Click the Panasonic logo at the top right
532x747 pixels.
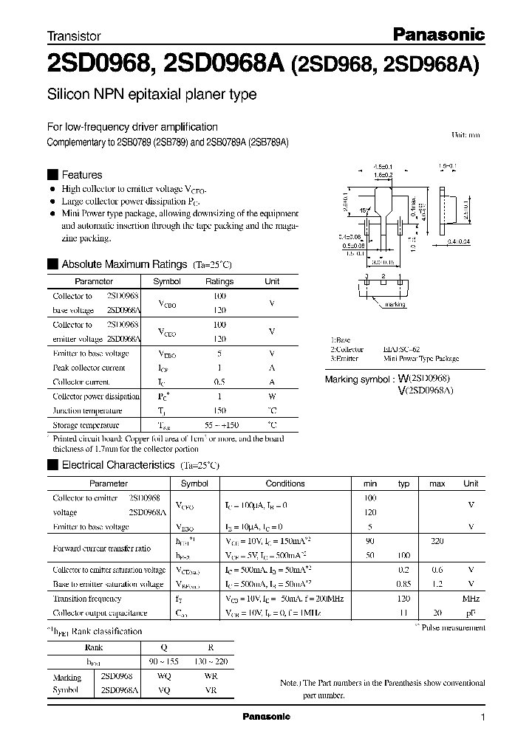point(437,34)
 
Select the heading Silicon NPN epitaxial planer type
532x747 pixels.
point(151,94)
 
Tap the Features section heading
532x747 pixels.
point(81,175)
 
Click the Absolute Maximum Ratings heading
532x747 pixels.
point(125,264)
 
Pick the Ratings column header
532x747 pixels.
point(219,281)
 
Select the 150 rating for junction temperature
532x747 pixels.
point(219,410)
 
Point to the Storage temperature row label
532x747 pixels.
point(86,425)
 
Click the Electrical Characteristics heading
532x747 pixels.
point(117,466)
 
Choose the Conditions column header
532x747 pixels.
point(284,483)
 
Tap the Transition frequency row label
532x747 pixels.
point(87,599)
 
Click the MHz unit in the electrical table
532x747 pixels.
point(471,599)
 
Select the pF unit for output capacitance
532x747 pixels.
point(471,613)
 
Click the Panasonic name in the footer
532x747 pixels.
point(267,717)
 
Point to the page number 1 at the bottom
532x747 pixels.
point(482,717)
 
